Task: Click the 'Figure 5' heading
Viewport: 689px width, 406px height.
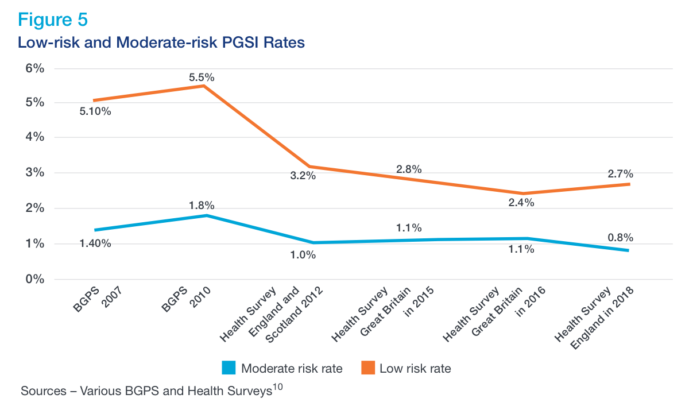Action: (x=53, y=19)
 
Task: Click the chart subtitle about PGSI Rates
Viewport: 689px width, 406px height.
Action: (x=161, y=42)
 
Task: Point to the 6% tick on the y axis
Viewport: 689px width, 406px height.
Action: (x=34, y=68)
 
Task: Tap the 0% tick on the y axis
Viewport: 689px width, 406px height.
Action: (x=34, y=280)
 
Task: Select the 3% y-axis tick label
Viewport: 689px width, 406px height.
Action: (x=34, y=173)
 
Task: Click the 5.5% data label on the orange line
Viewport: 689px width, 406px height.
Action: (x=202, y=76)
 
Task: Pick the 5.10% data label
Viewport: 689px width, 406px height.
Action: (x=95, y=111)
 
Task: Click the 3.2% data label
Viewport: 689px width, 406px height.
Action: (x=303, y=176)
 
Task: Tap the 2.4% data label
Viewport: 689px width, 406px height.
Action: (x=521, y=202)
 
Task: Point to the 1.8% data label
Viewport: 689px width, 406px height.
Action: (x=202, y=205)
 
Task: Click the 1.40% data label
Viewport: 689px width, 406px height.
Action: (x=95, y=243)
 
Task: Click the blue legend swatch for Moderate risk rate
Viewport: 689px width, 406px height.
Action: (x=229, y=368)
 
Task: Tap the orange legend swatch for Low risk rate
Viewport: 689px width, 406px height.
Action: (x=367, y=368)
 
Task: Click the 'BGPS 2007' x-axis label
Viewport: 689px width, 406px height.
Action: (x=98, y=299)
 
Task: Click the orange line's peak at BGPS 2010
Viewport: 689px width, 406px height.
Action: (x=204, y=86)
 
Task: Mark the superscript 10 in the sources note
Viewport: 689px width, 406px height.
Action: (x=278, y=388)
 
